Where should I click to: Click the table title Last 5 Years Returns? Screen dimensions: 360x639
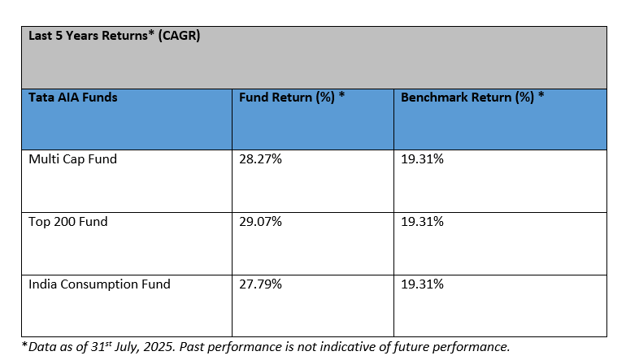point(115,36)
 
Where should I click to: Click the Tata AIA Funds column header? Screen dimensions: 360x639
point(72,98)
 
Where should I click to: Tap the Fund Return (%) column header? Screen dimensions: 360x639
point(292,98)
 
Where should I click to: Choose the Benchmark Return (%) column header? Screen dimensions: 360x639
point(472,98)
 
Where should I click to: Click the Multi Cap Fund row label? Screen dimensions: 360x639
point(72,159)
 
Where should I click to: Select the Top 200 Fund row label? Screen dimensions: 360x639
point(67,222)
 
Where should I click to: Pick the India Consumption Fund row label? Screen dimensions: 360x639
point(99,284)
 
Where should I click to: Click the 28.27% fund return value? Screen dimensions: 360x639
point(259,159)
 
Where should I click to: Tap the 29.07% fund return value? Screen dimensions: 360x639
point(259,222)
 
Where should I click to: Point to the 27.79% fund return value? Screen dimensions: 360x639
point(259,284)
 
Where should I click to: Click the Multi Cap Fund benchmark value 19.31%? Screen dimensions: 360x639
point(422,159)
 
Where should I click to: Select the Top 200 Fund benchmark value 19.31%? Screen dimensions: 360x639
point(422,222)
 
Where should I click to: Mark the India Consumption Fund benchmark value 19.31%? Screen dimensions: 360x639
point(422,284)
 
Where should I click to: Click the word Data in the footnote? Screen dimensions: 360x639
point(41,347)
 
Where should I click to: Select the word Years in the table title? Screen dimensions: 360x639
point(82,36)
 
